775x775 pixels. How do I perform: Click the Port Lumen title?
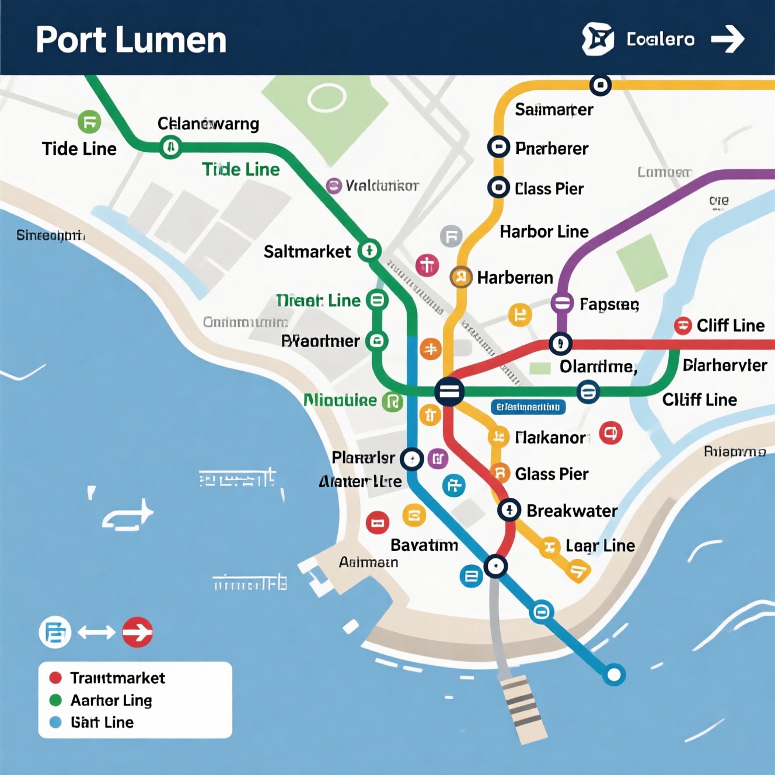131,40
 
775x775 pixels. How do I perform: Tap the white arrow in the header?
727,39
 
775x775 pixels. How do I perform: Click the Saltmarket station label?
307,252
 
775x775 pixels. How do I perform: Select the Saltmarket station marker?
369,250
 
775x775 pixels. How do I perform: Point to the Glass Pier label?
551,474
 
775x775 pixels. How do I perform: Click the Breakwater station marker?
509,510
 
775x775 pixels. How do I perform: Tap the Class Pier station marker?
498,187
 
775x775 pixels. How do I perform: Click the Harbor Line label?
544,232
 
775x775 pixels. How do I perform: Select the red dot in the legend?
55,678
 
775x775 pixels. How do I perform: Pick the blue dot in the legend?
55,722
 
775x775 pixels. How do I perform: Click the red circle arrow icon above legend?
138,632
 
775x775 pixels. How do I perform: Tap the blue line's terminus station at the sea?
613,675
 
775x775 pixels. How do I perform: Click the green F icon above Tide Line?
89,123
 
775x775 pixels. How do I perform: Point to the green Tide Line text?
240,169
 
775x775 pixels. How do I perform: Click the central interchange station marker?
449,391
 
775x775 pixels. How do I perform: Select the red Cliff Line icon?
683,326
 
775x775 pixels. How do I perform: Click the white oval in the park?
327,98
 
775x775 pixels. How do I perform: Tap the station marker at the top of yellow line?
600,85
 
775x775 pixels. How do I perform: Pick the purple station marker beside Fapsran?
562,303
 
